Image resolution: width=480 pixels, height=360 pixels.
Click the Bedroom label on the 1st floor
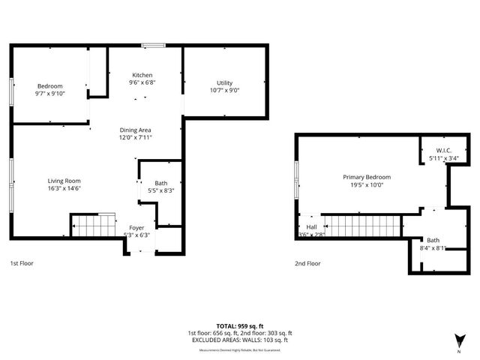point(50,85)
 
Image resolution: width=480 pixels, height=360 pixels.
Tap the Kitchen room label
point(142,75)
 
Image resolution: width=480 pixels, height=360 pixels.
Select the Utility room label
point(225,82)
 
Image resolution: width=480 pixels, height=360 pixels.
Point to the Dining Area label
point(136,130)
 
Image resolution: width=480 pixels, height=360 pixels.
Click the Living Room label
point(64,181)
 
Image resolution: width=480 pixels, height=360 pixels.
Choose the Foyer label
point(136,227)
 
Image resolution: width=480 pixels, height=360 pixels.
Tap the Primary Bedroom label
point(367,177)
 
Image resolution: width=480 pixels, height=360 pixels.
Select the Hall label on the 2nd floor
point(311,227)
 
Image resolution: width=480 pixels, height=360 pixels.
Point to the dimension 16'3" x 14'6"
point(64,188)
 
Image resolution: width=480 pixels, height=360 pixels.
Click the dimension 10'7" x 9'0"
point(225,90)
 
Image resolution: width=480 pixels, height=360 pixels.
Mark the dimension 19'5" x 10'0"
point(367,184)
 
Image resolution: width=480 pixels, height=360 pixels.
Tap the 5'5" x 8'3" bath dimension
point(161,190)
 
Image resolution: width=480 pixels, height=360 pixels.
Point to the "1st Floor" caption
point(22,263)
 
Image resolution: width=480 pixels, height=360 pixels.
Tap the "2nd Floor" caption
point(307,263)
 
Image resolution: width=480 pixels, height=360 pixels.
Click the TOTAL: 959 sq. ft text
point(240,325)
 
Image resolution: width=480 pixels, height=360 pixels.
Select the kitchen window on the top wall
point(154,46)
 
